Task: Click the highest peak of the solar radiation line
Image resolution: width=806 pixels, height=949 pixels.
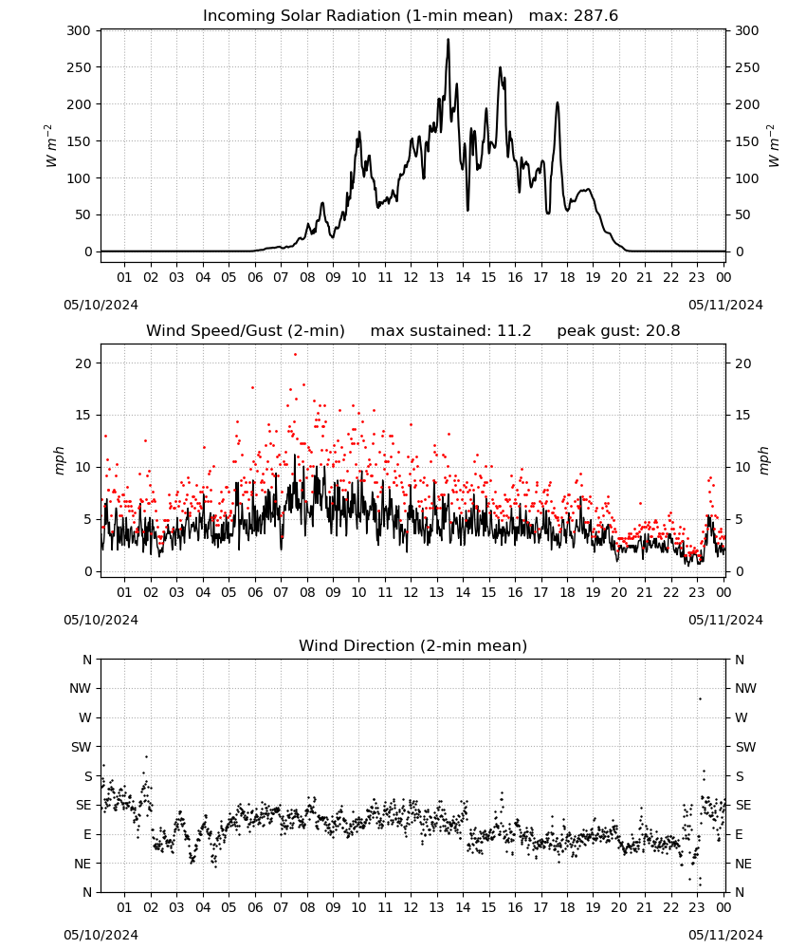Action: tap(449, 40)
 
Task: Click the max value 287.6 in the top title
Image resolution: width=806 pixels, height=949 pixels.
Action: tap(595, 16)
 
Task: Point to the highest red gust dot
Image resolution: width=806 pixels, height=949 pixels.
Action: tap(295, 355)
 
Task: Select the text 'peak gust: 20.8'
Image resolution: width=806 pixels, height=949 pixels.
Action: tap(618, 331)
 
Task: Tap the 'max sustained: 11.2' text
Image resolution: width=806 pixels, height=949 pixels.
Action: tap(450, 331)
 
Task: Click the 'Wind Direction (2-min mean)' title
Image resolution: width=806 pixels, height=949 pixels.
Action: tap(413, 645)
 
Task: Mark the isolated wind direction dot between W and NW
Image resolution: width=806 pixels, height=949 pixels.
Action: tap(700, 699)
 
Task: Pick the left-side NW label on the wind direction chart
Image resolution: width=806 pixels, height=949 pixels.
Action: tap(80, 689)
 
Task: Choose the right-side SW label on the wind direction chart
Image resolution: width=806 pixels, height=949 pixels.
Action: tap(745, 748)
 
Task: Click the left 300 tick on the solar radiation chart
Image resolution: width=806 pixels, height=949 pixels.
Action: tap(79, 31)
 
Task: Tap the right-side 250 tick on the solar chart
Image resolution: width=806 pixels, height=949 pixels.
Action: tap(747, 67)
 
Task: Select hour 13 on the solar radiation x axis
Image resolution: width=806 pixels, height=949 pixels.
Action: tap(436, 278)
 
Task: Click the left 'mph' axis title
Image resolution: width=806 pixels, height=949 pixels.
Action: tap(59, 461)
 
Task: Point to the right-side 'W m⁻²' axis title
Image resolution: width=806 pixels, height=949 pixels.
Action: tap(773, 146)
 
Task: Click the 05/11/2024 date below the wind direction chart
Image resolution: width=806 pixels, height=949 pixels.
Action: tap(725, 935)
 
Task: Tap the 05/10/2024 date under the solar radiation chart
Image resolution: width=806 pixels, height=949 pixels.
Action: tap(101, 305)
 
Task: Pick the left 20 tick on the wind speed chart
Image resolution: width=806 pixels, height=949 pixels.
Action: tap(83, 363)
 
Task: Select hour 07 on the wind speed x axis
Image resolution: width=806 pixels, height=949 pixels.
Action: tap(281, 592)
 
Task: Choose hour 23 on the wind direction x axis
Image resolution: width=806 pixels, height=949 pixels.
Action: tap(697, 907)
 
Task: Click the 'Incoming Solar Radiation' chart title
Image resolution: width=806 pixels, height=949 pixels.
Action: tap(302, 16)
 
